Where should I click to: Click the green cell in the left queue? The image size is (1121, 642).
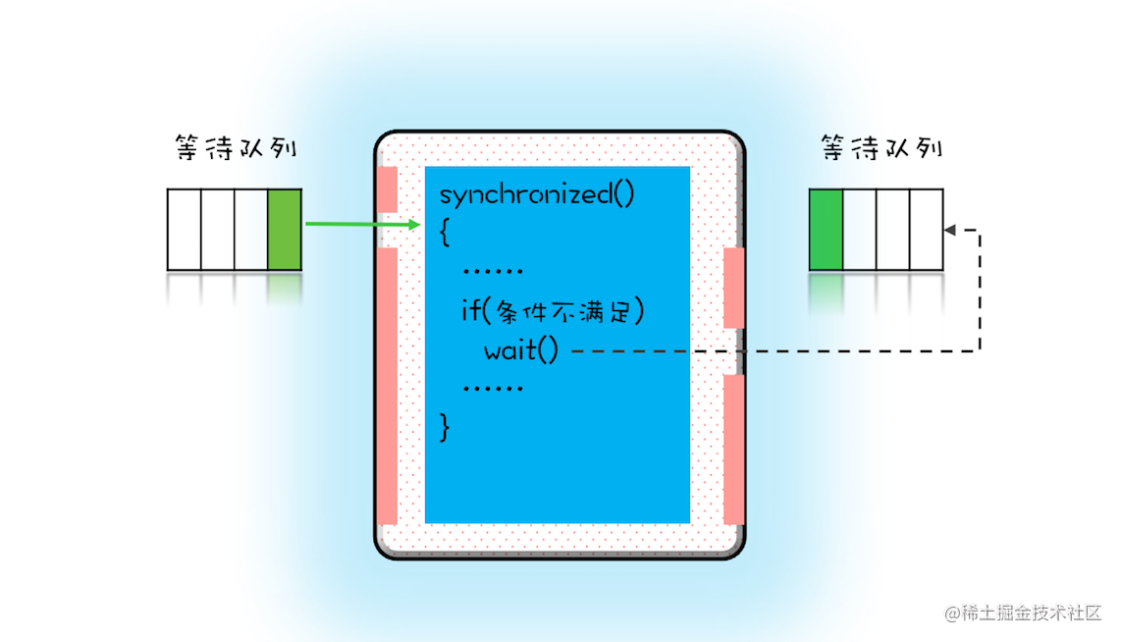285,230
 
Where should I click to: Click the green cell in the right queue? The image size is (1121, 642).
826,230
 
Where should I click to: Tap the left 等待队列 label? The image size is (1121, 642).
235,149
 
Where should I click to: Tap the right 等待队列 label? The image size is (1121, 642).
881,149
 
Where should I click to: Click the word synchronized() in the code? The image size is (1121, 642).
537,193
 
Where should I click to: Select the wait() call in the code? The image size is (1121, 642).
520,349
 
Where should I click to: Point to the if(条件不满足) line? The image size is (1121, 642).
553,311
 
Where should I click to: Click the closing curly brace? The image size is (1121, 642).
445,426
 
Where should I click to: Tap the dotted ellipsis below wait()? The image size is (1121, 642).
492,388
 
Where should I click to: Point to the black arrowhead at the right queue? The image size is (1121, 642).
949,230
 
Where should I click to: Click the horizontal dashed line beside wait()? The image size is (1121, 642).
766,349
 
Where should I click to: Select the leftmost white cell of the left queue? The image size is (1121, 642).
184,230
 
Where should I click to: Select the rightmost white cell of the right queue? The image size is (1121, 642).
926,230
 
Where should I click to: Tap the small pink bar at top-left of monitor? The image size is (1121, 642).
387,189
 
